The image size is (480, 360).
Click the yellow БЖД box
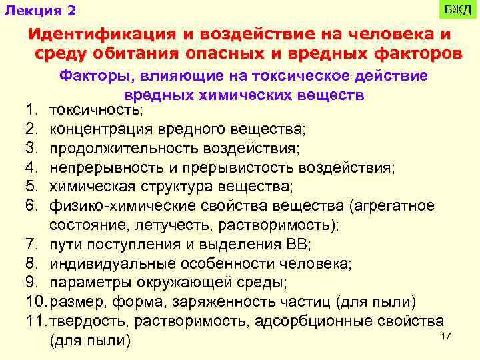(458, 11)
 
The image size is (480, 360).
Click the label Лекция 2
(40, 11)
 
